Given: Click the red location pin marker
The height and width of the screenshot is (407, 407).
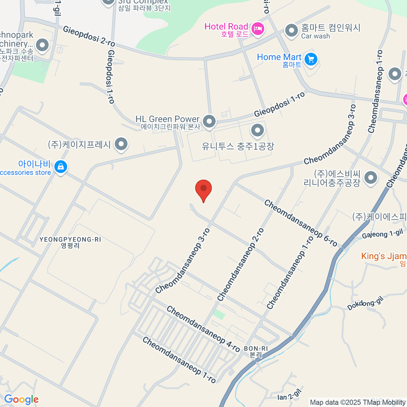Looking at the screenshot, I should [203, 189].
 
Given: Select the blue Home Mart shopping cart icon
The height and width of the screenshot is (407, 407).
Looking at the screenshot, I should [310, 60].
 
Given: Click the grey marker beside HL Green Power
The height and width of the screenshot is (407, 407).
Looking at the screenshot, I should [209, 121].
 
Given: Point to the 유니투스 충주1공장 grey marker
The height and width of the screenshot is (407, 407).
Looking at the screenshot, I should [257, 130].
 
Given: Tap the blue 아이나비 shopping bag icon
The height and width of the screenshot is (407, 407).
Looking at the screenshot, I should [61, 167].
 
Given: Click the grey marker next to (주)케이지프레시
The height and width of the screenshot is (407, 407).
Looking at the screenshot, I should [121, 144].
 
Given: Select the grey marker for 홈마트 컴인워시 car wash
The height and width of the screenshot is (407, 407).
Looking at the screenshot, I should [291, 31].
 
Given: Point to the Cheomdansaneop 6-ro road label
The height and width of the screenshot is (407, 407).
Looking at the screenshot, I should [301, 223].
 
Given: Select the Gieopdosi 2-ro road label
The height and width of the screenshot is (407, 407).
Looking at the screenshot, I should [89, 36].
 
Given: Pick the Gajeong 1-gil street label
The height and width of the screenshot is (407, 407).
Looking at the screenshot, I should [382, 234].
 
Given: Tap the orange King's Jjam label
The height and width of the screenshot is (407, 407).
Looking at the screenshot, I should [384, 256].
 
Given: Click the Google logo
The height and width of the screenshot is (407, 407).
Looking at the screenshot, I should [21, 400].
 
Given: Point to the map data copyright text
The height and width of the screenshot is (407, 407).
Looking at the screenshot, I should [357, 402].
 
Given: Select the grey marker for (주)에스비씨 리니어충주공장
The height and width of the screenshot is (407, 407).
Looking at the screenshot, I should [371, 177].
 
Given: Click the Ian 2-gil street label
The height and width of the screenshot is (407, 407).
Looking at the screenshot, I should [289, 395].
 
